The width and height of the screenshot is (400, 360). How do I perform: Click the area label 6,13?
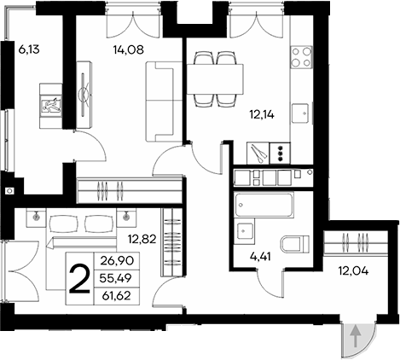click(29, 50)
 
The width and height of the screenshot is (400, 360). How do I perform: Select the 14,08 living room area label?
click(127, 50)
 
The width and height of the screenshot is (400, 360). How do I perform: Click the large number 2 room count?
click(81, 277)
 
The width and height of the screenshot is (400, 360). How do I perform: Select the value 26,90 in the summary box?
click(118, 260)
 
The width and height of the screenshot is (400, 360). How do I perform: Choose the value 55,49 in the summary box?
click(118, 278)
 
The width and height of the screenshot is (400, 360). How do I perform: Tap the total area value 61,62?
click(118, 295)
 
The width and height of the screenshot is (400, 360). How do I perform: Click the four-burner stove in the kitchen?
click(302, 58)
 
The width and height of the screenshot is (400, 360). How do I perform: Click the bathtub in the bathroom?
click(264, 206)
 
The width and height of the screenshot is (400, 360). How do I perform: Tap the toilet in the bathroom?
click(294, 245)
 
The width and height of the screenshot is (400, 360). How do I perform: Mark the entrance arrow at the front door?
click(355, 338)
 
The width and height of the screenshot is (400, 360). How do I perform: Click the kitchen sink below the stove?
click(302, 111)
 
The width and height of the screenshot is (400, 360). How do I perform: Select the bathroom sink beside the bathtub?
click(245, 231)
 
